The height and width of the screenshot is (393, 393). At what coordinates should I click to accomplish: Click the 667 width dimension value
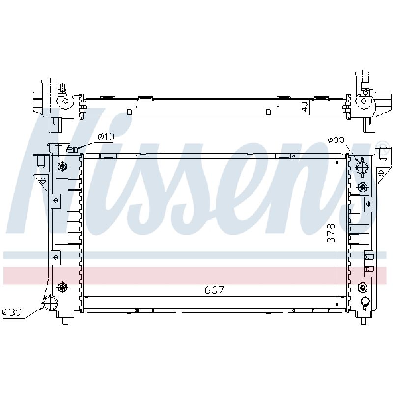pyautogui.click(x=214, y=290)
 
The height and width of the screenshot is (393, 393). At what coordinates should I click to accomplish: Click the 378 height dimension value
pyautogui.click(x=331, y=233)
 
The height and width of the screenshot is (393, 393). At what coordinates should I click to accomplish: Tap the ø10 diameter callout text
pyautogui.click(x=106, y=137)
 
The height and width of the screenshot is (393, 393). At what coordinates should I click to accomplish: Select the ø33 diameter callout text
pyautogui.click(x=336, y=140)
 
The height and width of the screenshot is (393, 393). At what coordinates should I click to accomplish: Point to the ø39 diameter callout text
pyautogui.click(x=11, y=312)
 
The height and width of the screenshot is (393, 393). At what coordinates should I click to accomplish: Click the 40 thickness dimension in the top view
pyautogui.click(x=305, y=107)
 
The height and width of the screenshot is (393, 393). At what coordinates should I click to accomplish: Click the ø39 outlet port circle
pyautogui.click(x=50, y=303)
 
